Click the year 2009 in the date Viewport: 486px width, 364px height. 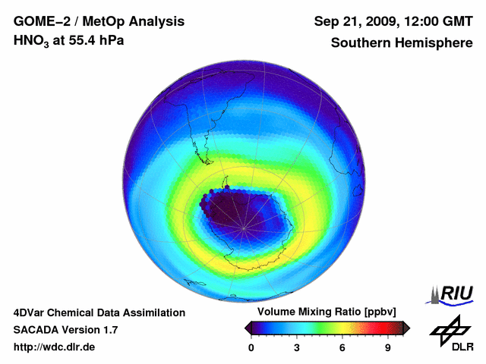[374, 21]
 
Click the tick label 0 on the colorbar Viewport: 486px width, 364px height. [251, 348]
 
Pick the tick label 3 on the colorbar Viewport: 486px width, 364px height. [297, 348]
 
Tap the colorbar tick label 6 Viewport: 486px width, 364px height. [342, 348]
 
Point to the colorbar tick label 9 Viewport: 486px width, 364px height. [388, 348]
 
